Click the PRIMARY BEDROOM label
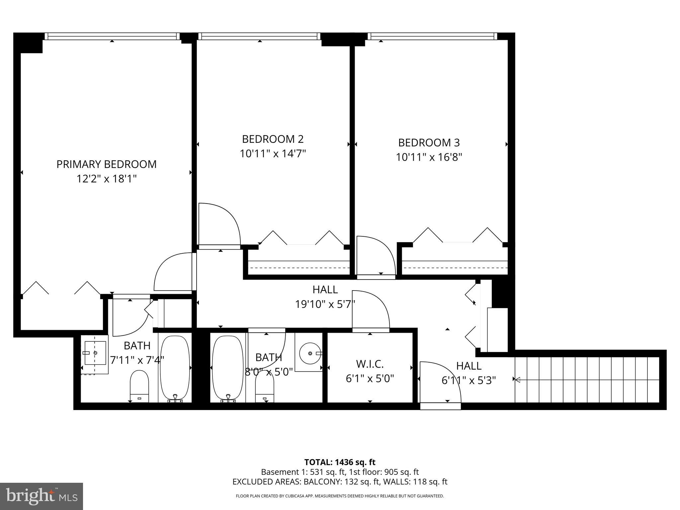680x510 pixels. click(106, 164)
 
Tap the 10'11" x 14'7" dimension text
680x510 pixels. click(273, 154)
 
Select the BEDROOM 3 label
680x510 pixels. click(429, 143)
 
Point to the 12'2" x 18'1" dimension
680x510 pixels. click(106, 179)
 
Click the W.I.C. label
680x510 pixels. click(370, 364)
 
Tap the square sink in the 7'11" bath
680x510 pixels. click(95, 353)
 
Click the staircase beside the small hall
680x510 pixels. click(586, 379)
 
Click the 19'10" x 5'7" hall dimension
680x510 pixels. click(325, 304)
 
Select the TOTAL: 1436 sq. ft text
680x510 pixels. click(340, 462)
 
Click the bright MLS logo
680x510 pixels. click(42, 497)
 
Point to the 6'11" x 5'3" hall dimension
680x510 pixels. click(468, 381)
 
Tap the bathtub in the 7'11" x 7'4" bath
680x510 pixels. click(175, 368)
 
